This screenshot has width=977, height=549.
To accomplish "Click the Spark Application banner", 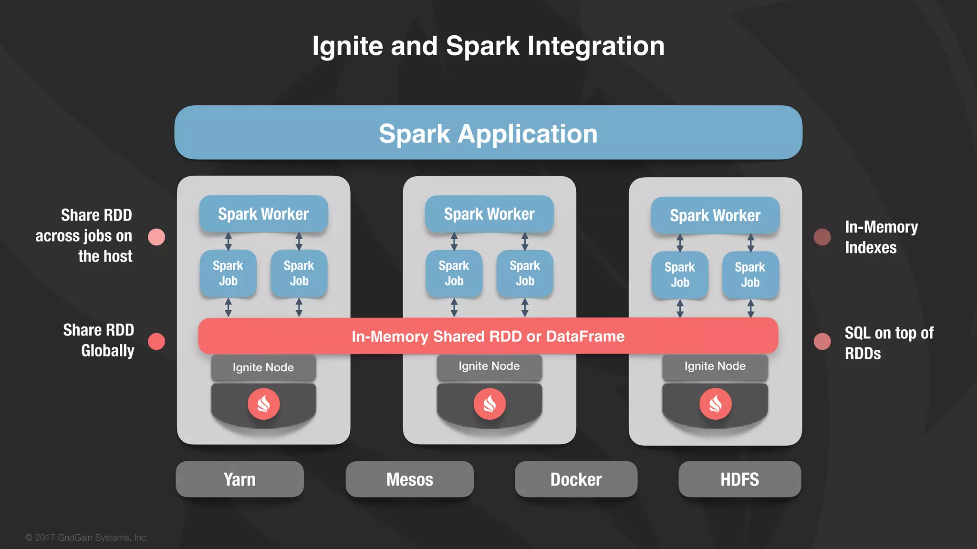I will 488,133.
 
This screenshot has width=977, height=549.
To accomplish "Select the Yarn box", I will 239,479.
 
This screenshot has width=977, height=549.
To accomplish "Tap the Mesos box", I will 409,479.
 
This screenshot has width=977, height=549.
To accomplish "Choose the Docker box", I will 576,479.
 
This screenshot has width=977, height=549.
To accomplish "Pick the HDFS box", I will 739,479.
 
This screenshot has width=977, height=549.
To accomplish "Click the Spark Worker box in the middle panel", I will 489,214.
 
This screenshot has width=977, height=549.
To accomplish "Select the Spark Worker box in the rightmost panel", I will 715,215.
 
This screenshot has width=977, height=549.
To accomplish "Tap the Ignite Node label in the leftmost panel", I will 263,367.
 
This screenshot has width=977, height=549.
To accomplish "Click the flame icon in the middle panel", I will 489,404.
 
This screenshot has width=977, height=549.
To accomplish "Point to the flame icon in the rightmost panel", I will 715,404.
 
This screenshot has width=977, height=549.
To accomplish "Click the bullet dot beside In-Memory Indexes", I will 822,237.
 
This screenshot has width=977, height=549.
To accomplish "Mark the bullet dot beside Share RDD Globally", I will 156,341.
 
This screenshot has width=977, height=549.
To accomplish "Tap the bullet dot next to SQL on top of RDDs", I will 822,341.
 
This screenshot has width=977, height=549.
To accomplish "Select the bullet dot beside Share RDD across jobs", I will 156,237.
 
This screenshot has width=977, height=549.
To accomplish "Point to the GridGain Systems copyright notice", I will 86,538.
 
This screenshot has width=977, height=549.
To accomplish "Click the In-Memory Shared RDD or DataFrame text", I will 488,336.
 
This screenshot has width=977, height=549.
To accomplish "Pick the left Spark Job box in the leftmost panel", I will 228,274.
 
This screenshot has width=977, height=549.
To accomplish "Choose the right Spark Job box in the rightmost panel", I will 750,275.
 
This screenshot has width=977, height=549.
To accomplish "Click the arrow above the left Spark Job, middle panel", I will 454,242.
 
